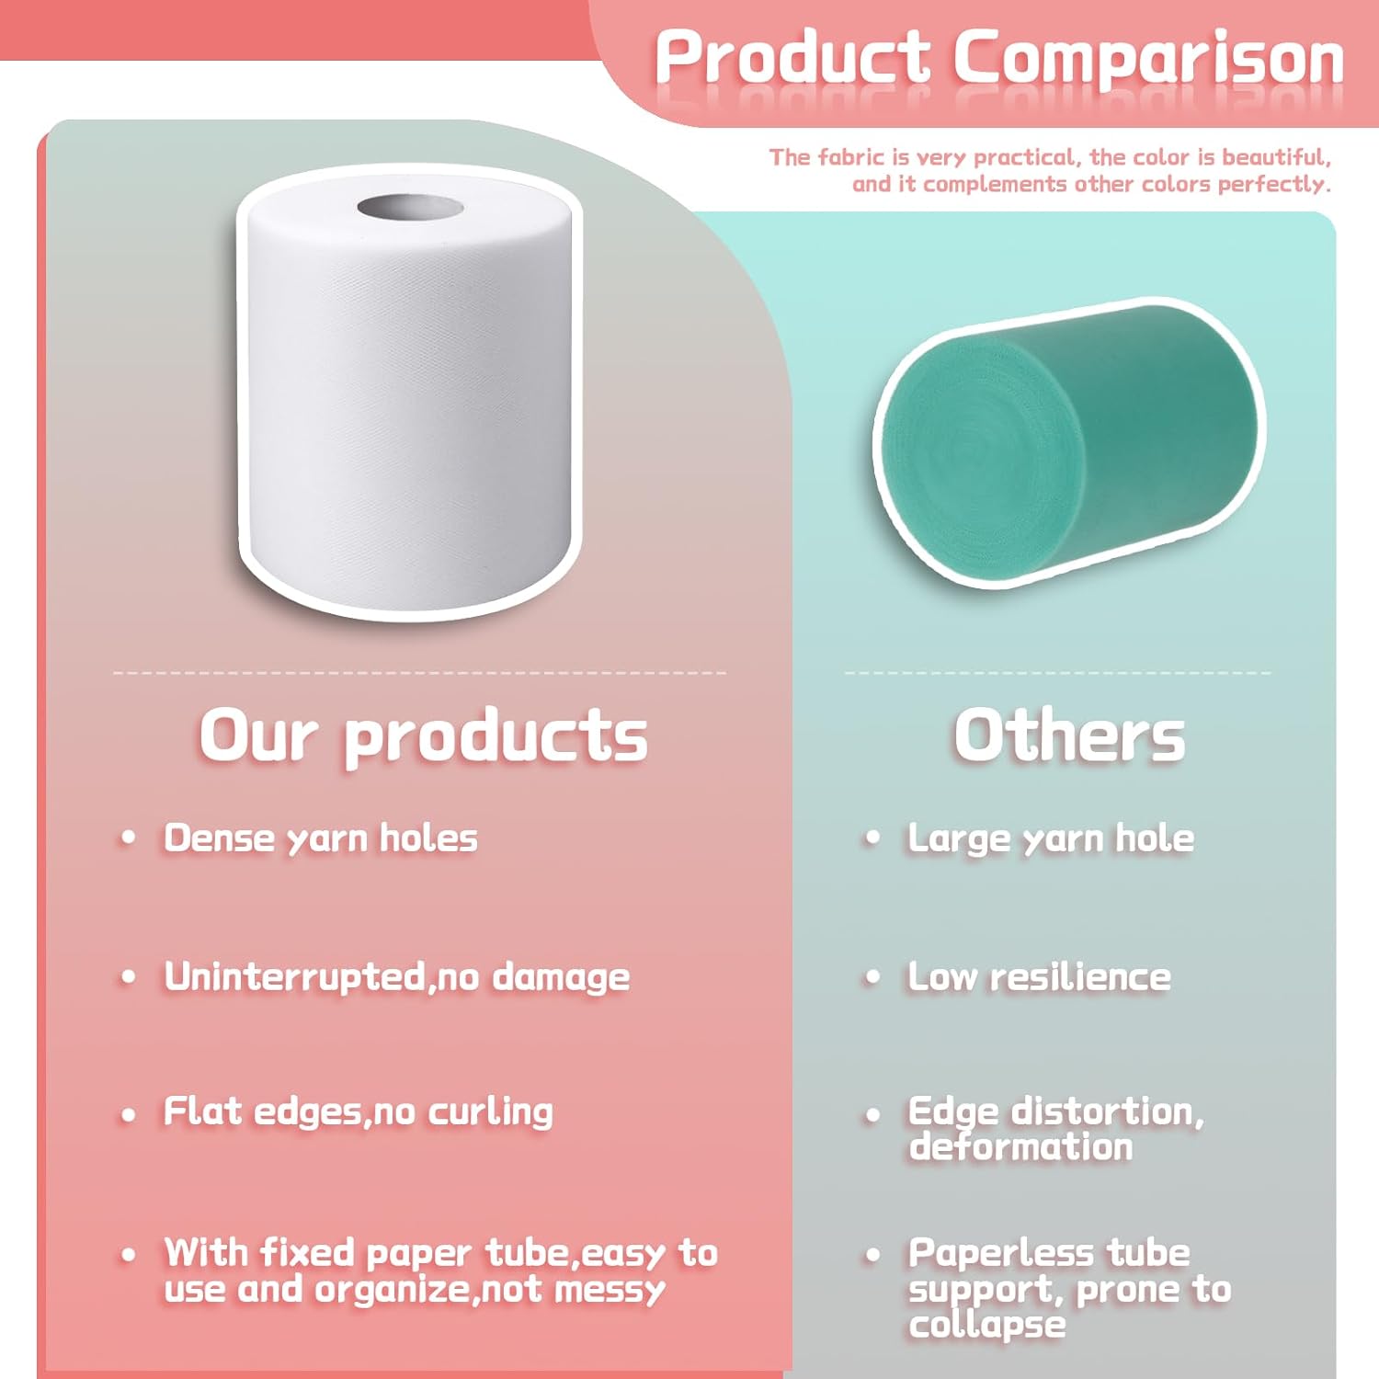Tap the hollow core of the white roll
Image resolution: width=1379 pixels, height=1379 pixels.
[411, 208]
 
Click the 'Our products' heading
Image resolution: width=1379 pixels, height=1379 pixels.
[424, 737]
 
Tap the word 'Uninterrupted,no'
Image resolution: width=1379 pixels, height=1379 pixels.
[321, 976]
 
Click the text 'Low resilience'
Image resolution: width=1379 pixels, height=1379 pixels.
[1040, 976]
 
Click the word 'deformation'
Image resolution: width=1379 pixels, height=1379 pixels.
[1021, 1147]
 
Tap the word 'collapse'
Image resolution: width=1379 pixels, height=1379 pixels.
[987, 1326]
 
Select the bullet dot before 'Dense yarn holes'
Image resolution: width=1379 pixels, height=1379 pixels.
[129, 838]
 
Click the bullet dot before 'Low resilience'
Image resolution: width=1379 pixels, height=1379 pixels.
[872, 976]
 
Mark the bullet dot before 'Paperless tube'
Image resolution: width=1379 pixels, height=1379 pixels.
[872, 1254]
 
